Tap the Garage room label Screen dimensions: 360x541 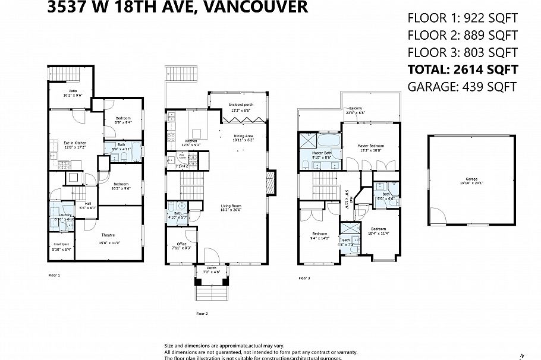pyautogui.click(x=471, y=179)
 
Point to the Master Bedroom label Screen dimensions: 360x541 pyautogui.click(x=370, y=146)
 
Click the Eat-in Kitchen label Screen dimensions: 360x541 pyautogui.click(x=76, y=143)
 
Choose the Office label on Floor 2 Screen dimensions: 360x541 pyautogui.click(x=182, y=244)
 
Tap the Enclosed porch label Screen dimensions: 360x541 pyautogui.click(x=241, y=105)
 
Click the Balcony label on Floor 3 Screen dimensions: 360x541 pyautogui.click(x=356, y=108)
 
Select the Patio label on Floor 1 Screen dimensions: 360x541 pyautogui.click(x=72, y=91)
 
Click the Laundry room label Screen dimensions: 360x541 pyautogui.click(x=65, y=215)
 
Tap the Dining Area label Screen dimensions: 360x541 pyautogui.click(x=243, y=136)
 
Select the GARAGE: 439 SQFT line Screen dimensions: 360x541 pyautogui.click(x=462, y=87)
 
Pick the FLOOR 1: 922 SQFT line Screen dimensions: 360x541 pyautogui.click(x=462, y=17)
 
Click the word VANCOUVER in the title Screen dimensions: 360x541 pyautogui.click(x=260, y=7)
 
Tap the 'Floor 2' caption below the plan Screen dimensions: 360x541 pyautogui.click(x=202, y=313)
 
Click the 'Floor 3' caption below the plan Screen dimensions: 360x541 pyautogui.click(x=304, y=278)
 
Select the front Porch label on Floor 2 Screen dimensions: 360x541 pyautogui.click(x=212, y=268)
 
